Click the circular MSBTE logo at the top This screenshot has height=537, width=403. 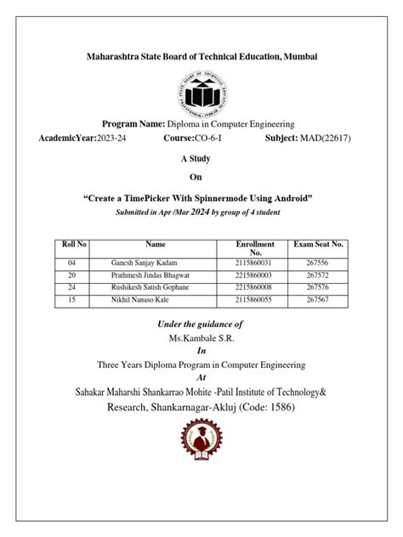click(x=202, y=93)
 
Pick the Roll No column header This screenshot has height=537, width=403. click(x=71, y=244)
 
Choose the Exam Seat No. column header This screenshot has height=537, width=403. click(x=319, y=244)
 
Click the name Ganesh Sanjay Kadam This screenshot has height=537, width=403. click(x=145, y=264)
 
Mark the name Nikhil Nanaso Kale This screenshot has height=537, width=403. click(x=142, y=300)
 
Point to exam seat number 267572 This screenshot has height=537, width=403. click(x=319, y=276)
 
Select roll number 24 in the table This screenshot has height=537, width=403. click(x=71, y=288)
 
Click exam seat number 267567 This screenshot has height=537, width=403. click(x=319, y=300)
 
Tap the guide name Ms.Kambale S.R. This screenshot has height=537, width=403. click(x=201, y=337)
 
